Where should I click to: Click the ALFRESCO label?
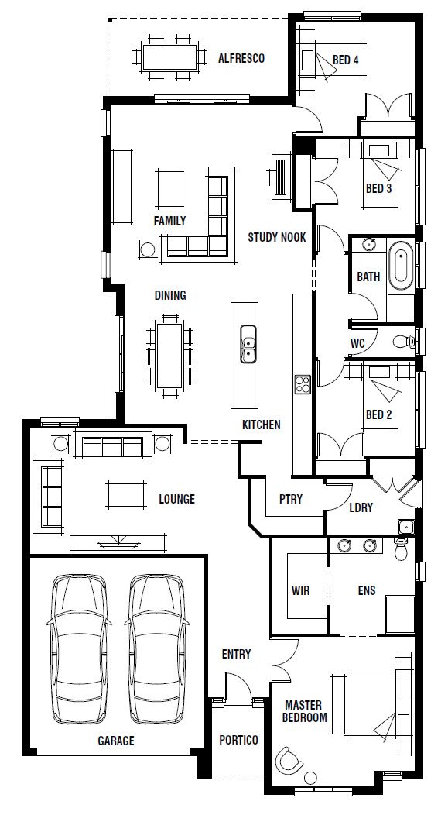point(241,58)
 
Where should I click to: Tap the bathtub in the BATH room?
point(401,269)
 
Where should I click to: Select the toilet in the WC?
point(405,342)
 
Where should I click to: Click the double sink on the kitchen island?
point(248,343)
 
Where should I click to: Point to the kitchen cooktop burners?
point(302,385)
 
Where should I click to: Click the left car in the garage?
point(79,648)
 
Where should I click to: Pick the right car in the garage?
point(156,648)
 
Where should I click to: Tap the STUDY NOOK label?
point(277,238)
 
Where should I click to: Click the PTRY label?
point(291,499)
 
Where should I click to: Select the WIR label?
point(300,590)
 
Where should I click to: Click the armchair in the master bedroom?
point(289,762)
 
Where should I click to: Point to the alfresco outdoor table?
point(169,57)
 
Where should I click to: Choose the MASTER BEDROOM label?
point(306,711)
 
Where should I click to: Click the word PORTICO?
point(238,740)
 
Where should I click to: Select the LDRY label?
point(361,507)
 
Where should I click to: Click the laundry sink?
point(405,527)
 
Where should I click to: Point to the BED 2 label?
point(378,414)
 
